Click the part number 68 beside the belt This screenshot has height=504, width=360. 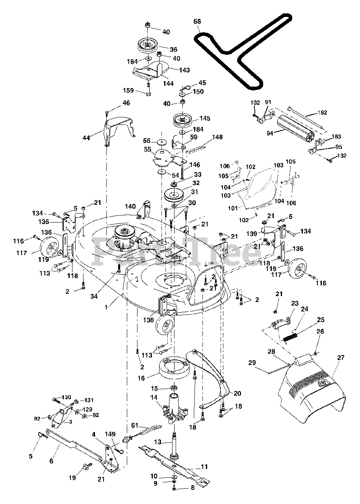pyautogui.click(x=197, y=22)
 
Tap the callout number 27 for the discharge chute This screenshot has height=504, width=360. pyautogui.click(x=341, y=358)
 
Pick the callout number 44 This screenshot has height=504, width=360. pyautogui.click(x=86, y=137)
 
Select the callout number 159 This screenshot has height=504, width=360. pyautogui.click(x=128, y=91)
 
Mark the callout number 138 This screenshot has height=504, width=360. pyautogui.click(x=148, y=320)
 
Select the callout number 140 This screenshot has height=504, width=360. pyautogui.click(x=130, y=206)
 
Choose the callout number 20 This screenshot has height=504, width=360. pyautogui.click(x=238, y=393)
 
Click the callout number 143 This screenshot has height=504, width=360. pyautogui.click(x=184, y=70)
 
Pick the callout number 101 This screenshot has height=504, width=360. pyautogui.click(x=233, y=208)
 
